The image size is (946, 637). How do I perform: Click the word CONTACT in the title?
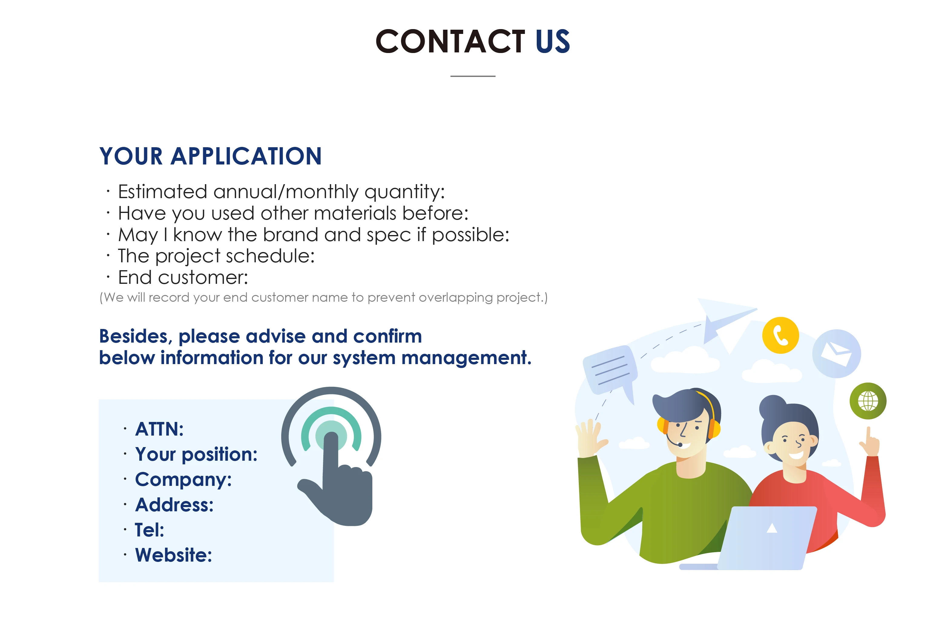coord(450,41)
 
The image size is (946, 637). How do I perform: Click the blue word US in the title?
coord(552,41)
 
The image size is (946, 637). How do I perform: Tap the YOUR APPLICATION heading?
coord(210,156)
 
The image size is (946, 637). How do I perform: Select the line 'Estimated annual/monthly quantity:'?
coord(281,192)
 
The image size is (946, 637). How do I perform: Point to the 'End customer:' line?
coord(183,278)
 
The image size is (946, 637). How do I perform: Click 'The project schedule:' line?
coord(216,256)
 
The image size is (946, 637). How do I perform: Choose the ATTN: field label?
coord(159,429)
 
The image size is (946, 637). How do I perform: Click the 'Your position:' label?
coord(196,454)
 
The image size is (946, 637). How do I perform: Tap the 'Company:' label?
coord(183,479)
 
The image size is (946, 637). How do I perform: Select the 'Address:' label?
coord(174,505)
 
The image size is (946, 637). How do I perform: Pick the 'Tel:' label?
coord(150,530)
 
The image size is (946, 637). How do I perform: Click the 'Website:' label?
coord(173,555)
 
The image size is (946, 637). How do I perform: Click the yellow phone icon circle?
coord(780,335)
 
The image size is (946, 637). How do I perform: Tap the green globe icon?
coord(868,401)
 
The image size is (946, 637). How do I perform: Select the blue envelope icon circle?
coord(836,353)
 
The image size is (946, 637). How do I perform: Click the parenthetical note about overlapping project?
coord(323,298)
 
